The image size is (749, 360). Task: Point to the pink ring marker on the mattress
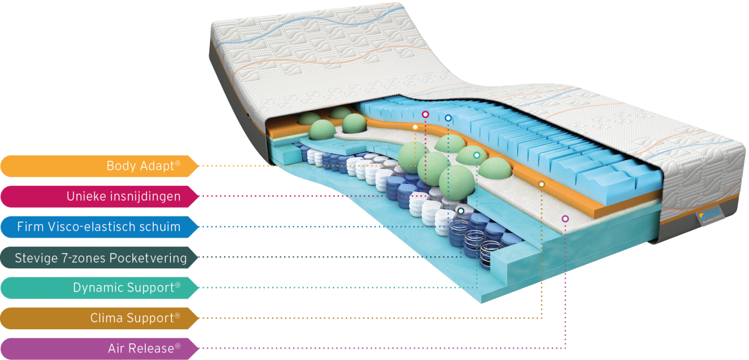[425, 115]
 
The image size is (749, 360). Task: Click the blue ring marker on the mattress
[448, 118]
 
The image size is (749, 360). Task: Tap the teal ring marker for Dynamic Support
[477, 156]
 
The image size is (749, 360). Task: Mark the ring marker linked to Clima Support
[542, 184]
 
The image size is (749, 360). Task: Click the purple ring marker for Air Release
[565, 218]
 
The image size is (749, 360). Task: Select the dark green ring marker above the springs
[461, 211]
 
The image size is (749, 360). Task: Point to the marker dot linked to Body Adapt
[415, 127]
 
